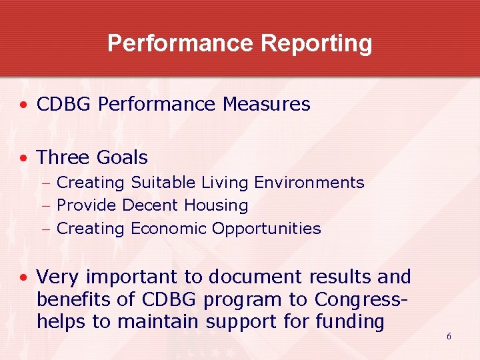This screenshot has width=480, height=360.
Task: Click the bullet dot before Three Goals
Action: [x=23, y=158]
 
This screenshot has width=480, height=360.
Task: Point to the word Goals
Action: [x=122, y=158]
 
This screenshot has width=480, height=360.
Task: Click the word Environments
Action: [x=312, y=183]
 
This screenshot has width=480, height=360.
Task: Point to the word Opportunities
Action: [x=266, y=229]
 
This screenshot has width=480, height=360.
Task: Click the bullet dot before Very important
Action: [x=23, y=277]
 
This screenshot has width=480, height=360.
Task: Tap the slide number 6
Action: [x=449, y=336]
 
